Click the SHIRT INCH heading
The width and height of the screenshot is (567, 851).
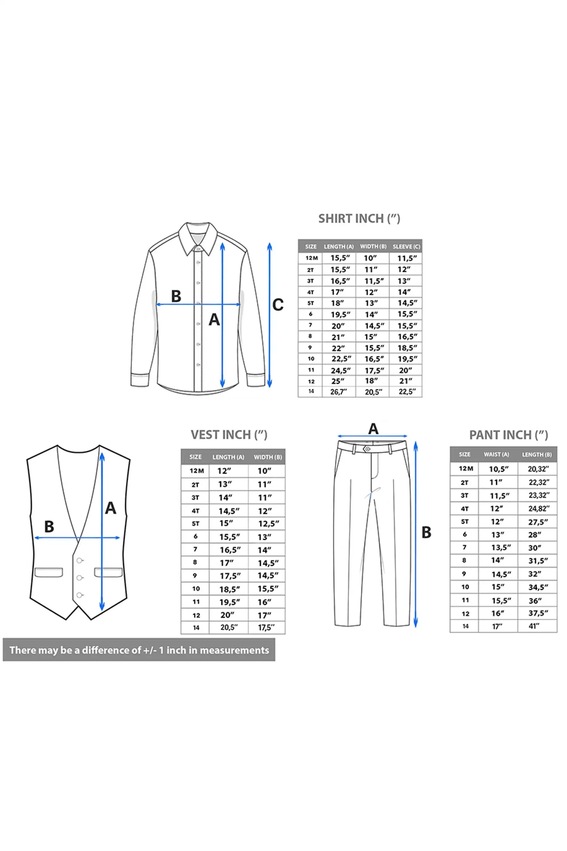tap(359, 218)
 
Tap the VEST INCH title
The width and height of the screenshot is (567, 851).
tap(229, 435)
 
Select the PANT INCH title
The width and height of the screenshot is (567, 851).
tap(508, 435)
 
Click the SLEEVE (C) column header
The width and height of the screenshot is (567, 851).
tap(407, 247)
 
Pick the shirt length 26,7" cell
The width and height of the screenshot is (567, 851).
tap(338, 391)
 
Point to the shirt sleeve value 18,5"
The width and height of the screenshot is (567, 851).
tap(407, 348)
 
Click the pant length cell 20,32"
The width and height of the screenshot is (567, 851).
tap(538, 469)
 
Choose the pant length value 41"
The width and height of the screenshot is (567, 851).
tap(534, 626)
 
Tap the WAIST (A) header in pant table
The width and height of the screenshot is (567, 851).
tap(496, 454)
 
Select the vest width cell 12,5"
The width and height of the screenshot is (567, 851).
tap(268, 524)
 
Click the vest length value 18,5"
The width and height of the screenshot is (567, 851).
tap(230, 589)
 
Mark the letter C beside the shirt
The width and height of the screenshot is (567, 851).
tap(278, 305)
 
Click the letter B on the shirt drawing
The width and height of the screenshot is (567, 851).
tap(176, 296)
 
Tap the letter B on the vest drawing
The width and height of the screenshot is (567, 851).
tap(49, 526)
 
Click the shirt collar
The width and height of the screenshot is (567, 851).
tap(198, 239)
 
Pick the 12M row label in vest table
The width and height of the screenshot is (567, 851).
tap(197, 471)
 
